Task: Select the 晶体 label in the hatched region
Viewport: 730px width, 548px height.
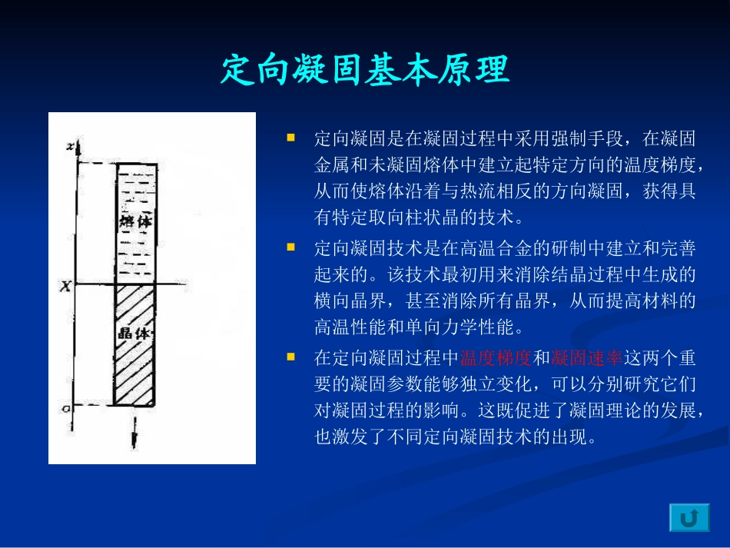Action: point(135,334)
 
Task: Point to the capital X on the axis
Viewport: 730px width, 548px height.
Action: point(66,286)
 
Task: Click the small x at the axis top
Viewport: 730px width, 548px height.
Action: point(70,146)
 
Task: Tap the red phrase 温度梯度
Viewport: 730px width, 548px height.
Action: point(496,358)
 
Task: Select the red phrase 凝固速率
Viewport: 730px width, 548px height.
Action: point(587,358)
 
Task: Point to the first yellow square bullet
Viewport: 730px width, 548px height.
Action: point(291,138)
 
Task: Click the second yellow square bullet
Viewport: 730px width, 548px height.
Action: point(291,247)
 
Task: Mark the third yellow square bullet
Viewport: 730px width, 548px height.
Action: point(291,357)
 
